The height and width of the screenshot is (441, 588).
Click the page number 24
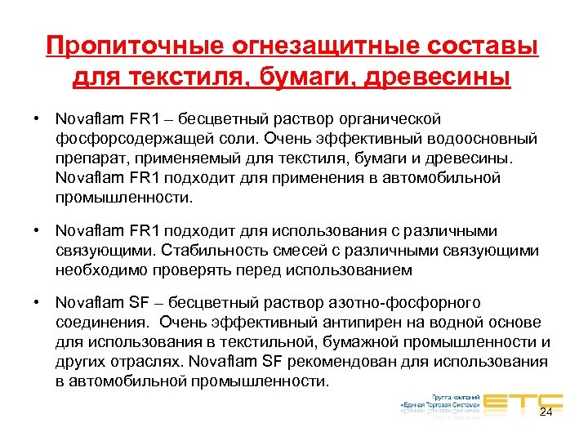tap(546, 412)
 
